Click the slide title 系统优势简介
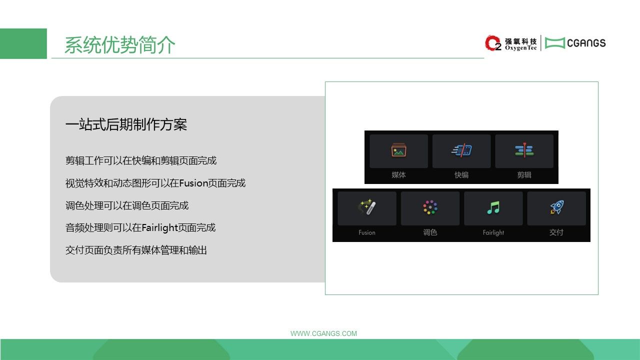(x=119, y=45)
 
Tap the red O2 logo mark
(x=493, y=43)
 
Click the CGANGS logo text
(x=586, y=43)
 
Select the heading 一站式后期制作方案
(x=126, y=124)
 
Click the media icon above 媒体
(x=399, y=150)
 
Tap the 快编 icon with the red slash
(x=461, y=150)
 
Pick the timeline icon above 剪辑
(x=524, y=150)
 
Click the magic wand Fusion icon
(x=367, y=207)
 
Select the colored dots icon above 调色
(x=430, y=207)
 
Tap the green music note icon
(x=493, y=207)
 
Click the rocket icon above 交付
(x=557, y=207)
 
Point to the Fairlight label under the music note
(x=493, y=232)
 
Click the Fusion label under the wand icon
(x=367, y=232)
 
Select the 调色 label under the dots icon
(x=430, y=232)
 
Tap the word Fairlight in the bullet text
(x=159, y=227)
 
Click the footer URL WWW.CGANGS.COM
(x=323, y=333)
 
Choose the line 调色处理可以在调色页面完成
(x=127, y=205)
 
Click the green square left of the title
(x=23, y=43)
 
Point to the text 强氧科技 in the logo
(x=520, y=41)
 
